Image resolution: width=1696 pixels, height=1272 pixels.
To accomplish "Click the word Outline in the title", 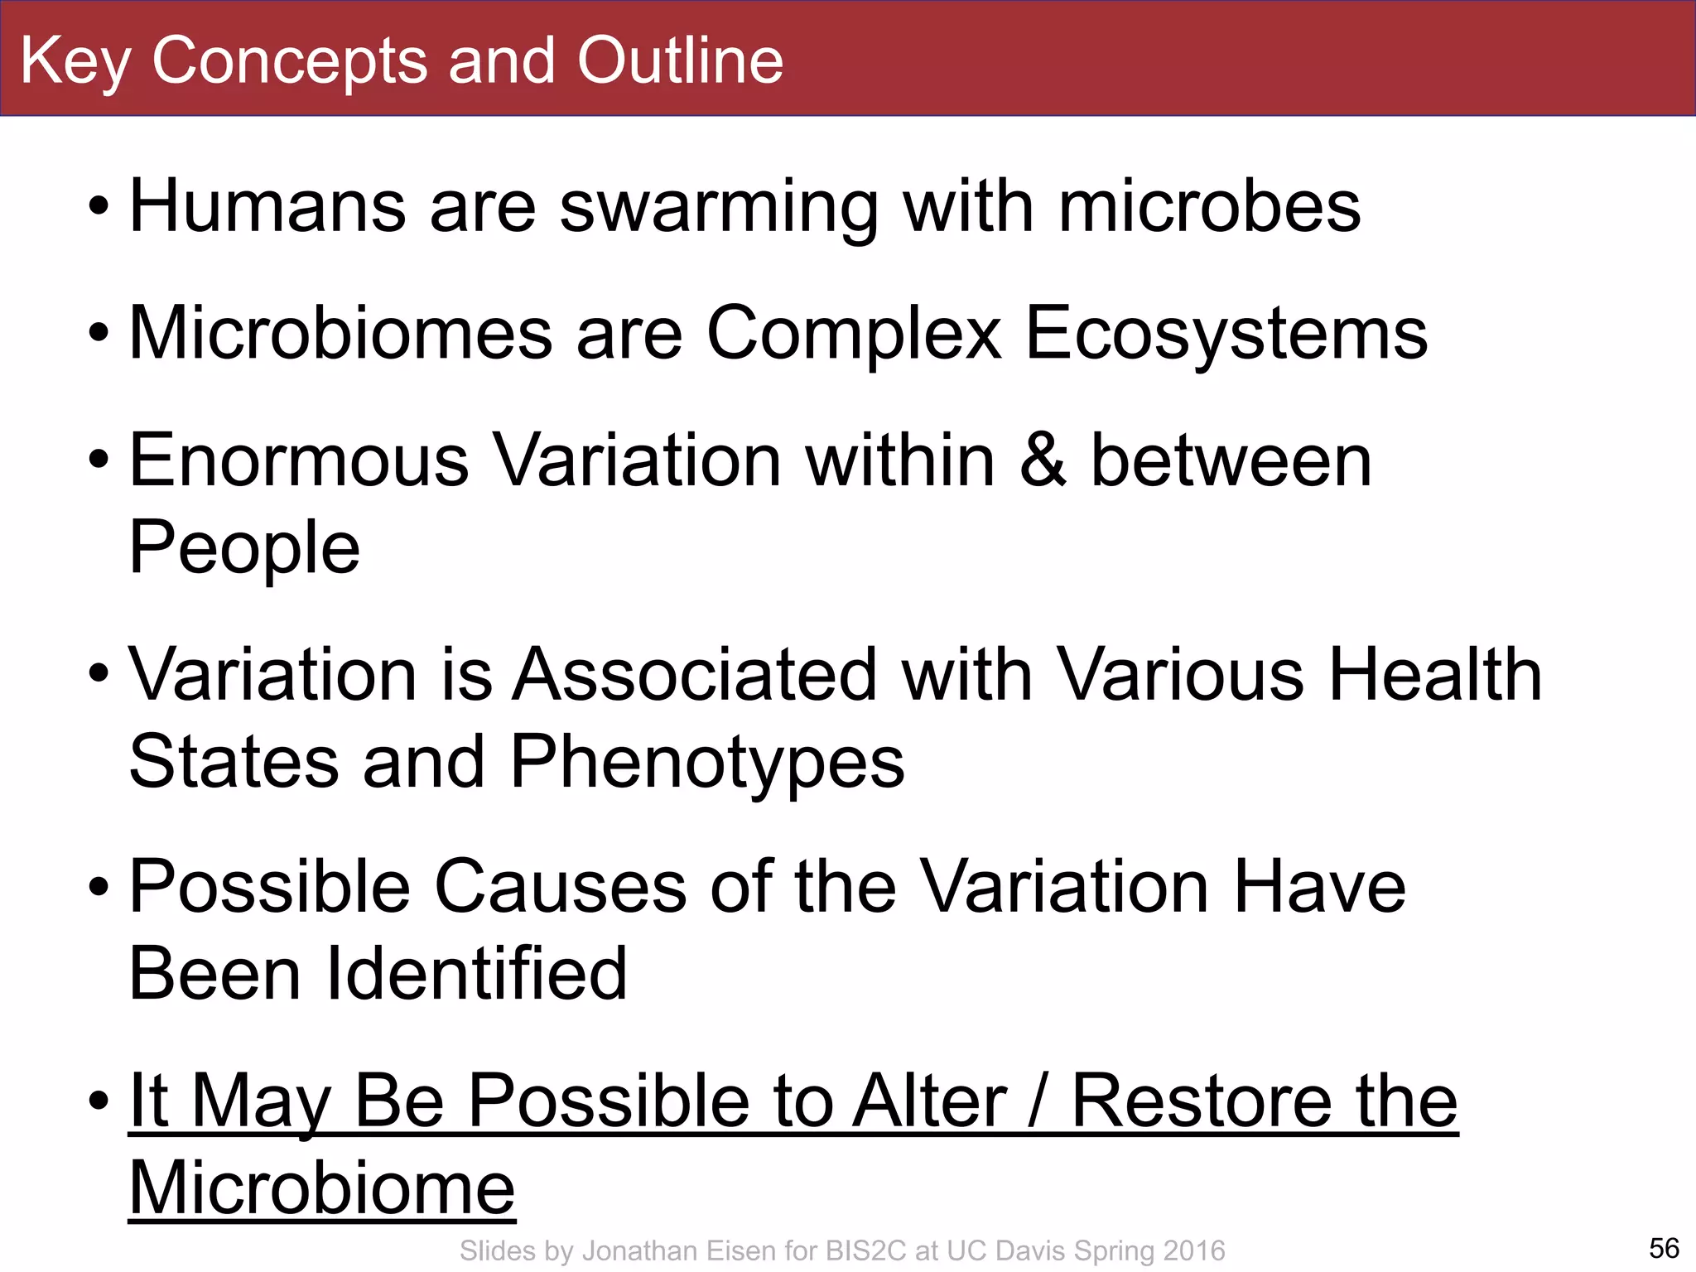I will pyautogui.click(x=680, y=60).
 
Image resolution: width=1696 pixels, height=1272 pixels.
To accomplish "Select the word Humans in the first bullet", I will pyautogui.click(x=267, y=206).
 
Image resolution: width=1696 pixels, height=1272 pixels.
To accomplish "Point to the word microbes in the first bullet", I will pyautogui.click(x=1209, y=206).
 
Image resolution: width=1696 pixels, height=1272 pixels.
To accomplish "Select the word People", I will pyautogui.click(x=245, y=548).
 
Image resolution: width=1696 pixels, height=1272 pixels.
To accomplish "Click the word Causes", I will pyautogui.click(x=561, y=887).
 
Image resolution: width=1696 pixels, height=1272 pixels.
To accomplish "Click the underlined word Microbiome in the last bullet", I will pyautogui.click(x=322, y=1188).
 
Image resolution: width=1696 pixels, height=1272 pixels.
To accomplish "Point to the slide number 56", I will pyautogui.click(x=1664, y=1248).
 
